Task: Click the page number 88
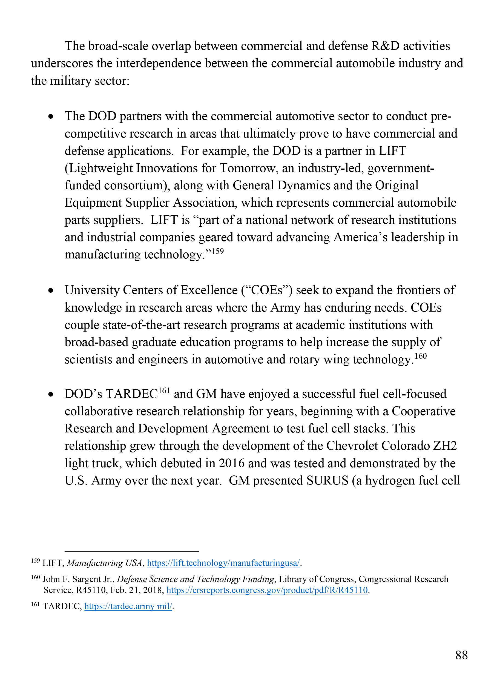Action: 461,655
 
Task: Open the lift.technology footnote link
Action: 223,563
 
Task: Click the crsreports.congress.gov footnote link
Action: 267,590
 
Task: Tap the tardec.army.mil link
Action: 128,606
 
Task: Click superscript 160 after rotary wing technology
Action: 420,356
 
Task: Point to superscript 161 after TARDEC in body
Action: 164,391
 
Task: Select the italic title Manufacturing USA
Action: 104,563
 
